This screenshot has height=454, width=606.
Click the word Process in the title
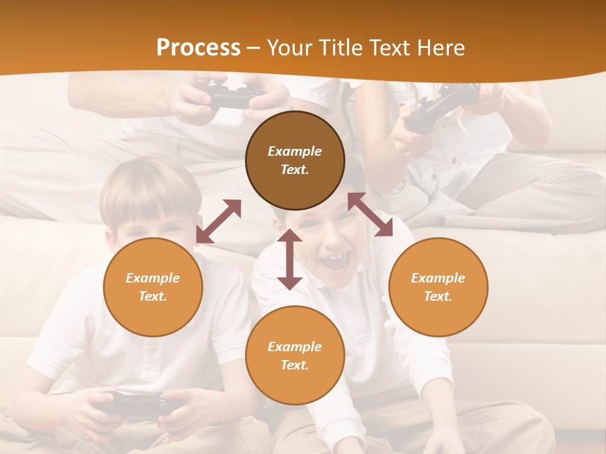(x=198, y=48)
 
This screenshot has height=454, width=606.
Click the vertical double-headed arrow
(x=290, y=259)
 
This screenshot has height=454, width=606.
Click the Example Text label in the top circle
(x=295, y=160)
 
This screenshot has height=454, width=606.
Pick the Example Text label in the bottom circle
(x=295, y=356)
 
